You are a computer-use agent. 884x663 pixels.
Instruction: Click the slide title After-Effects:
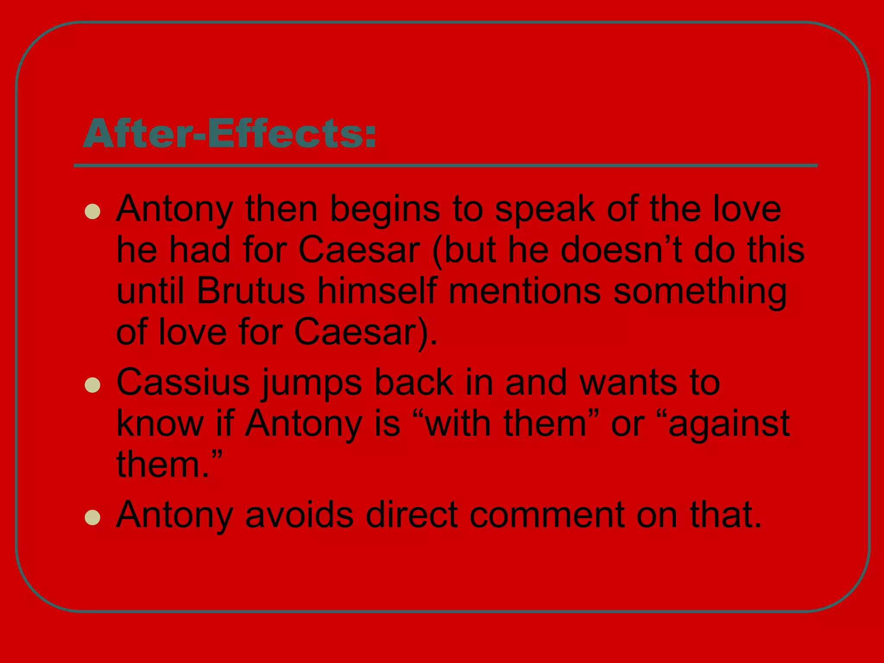[x=230, y=134]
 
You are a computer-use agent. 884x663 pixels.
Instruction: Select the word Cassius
[x=183, y=382]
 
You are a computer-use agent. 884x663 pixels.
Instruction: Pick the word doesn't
[x=621, y=250]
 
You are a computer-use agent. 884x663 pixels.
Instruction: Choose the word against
[x=729, y=424]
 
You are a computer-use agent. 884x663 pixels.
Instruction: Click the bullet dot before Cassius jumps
[x=92, y=385]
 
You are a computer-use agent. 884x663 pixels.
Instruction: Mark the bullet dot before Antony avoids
[x=92, y=517]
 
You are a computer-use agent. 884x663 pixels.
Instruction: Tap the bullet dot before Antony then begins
[x=92, y=212]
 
